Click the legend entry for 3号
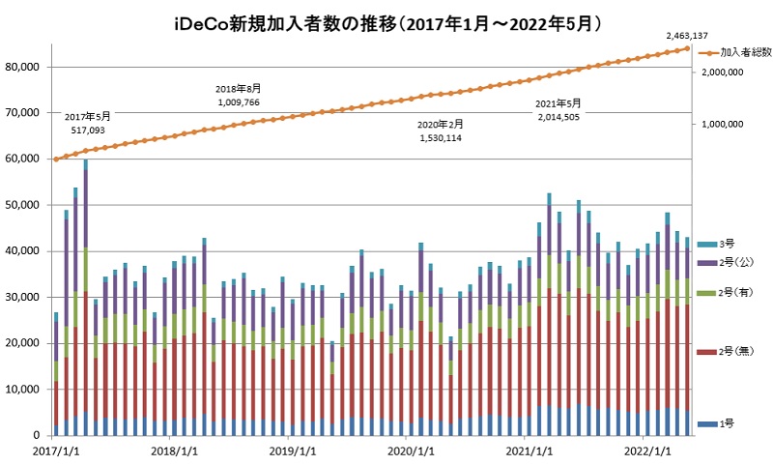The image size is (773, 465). [731, 243]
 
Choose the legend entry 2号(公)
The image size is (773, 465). [738, 261]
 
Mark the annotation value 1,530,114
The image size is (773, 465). [441, 138]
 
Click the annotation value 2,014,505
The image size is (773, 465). [559, 115]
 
